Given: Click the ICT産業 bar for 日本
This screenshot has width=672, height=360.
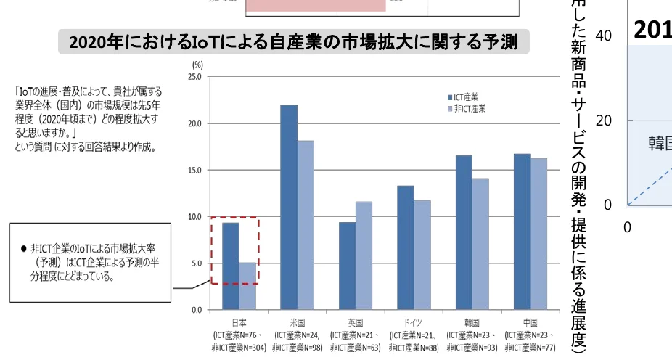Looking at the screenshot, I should (x=230, y=266).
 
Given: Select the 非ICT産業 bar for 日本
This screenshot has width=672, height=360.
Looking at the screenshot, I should (x=247, y=286).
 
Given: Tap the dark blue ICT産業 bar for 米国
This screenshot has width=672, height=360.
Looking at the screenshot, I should (x=289, y=208).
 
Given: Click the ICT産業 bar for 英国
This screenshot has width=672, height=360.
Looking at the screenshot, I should (x=348, y=266).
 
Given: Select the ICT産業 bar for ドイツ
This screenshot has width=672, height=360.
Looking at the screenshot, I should (x=406, y=247).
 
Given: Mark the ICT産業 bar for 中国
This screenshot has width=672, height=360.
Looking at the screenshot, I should (x=521, y=232).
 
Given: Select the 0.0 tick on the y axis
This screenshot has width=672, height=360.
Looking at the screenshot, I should (x=195, y=310).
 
